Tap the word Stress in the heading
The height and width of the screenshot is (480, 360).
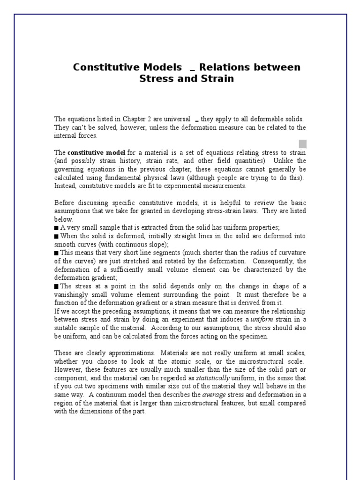157,78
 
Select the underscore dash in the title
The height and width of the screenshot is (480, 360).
192,68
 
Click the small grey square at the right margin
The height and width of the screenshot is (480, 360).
302,143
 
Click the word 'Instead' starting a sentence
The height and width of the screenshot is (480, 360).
65,186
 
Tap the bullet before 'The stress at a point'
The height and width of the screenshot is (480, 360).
56,286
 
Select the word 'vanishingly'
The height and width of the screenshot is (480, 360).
72,295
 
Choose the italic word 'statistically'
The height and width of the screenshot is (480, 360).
213,378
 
